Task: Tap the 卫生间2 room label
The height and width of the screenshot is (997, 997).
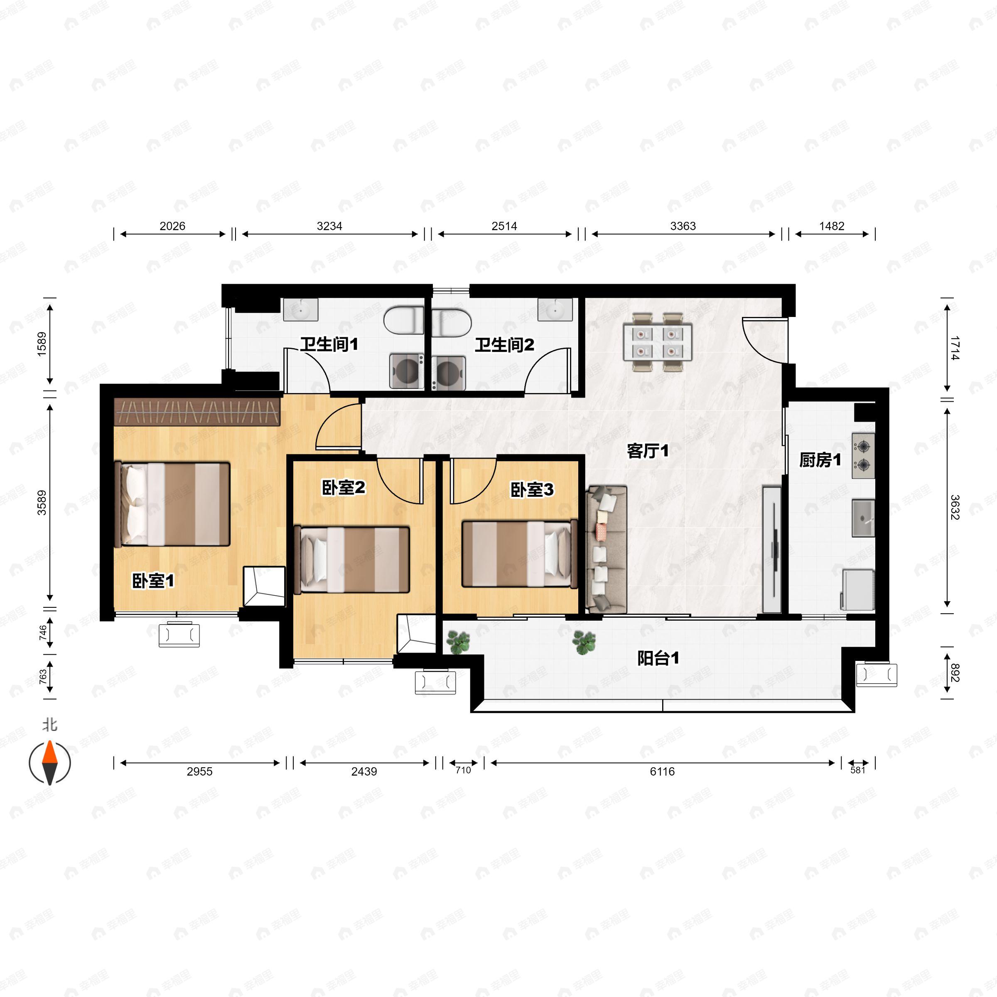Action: (x=504, y=345)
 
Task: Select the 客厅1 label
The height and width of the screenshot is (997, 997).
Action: (x=648, y=451)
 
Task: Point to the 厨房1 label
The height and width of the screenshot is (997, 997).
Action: (x=820, y=459)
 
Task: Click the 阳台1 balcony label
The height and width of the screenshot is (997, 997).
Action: (x=658, y=658)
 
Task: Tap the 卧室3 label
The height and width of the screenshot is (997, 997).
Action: (x=532, y=489)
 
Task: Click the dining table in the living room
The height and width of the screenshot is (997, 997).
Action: (x=656, y=342)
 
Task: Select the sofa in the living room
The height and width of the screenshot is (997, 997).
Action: (x=607, y=549)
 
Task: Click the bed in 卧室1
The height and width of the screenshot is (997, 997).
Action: (x=172, y=503)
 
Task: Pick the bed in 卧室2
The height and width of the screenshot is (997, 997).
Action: (x=351, y=559)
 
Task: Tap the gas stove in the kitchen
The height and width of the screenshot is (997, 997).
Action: (x=863, y=456)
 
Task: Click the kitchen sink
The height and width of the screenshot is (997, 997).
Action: (x=863, y=518)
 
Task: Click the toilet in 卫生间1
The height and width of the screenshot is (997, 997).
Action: (x=403, y=321)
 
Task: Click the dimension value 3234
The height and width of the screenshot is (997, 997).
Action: (x=329, y=226)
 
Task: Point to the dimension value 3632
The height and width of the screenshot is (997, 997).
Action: (x=955, y=507)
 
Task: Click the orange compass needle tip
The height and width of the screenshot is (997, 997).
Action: (x=49, y=742)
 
